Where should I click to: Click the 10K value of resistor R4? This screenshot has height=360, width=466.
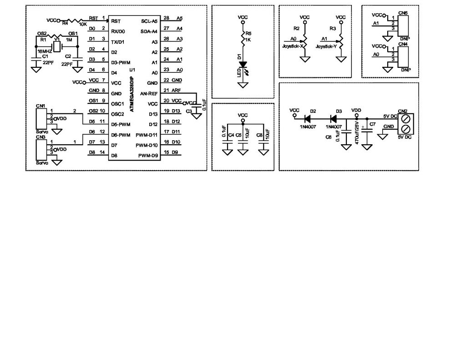(83, 24)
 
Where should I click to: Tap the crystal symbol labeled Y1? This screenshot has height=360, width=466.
(57, 46)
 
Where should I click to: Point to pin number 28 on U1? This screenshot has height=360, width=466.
(166, 18)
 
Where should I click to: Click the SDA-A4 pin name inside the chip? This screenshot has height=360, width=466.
(149, 31)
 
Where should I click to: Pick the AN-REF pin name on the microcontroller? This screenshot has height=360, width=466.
(149, 93)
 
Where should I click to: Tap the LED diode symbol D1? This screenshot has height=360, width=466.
(243, 65)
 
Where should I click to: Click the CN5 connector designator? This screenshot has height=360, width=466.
(403, 13)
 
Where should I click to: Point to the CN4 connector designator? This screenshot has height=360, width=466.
(403, 44)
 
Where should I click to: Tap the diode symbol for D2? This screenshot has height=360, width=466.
(313, 117)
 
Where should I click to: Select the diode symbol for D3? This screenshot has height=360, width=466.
(338, 117)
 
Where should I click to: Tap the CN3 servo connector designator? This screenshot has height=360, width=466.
(41, 137)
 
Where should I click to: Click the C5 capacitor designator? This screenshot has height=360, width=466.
(238, 135)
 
